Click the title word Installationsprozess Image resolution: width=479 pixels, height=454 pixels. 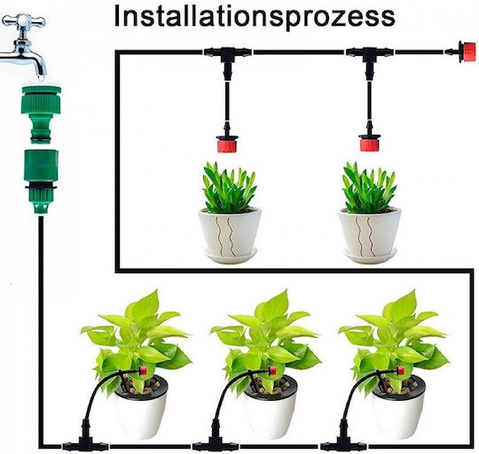tap(255, 18)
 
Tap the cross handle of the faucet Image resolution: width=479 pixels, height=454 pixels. tap(24, 21)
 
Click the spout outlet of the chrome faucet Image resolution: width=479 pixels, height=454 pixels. tap(41, 74)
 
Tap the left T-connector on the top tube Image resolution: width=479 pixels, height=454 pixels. tap(227, 59)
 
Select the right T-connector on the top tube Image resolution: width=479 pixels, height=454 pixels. tap(369, 59)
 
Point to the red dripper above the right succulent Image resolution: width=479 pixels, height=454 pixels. tap(369, 141)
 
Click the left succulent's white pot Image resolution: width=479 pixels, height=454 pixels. tap(230, 231)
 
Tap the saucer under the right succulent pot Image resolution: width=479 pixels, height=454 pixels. tap(370, 255)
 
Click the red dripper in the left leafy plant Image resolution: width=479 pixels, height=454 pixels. tap(142, 371)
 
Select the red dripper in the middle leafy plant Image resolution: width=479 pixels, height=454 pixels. tap(272, 371)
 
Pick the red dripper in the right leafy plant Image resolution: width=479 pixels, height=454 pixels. tap(400, 371)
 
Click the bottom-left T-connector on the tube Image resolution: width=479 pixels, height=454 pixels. tap(85, 442)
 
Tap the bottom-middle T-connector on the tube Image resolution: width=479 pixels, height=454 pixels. tap(216, 442)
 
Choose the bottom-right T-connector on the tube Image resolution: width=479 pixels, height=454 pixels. tap(343, 442)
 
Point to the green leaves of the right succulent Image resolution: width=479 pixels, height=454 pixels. tap(369, 188)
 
